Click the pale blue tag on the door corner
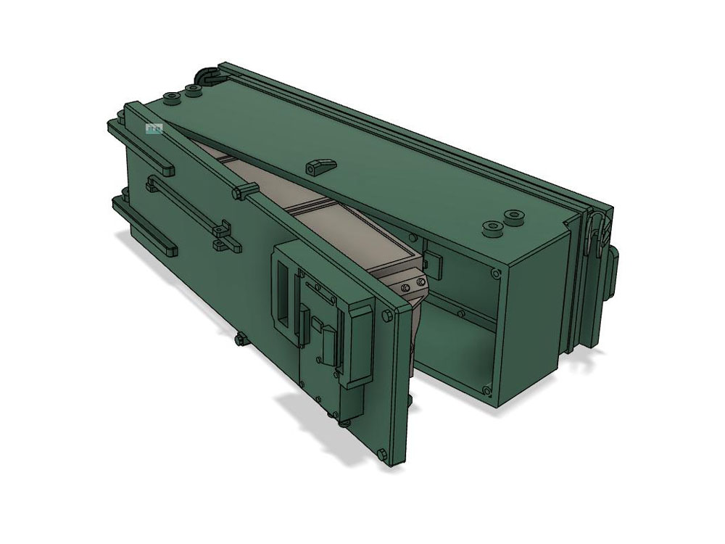pos(154,129)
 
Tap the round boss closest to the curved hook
pos(193,90)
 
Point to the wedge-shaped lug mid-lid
pos(319,166)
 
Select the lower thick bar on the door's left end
pos(145,225)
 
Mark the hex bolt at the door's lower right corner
pos(382,454)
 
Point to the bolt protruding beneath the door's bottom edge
pos(239,338)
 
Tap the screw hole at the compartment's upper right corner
pos(494,273)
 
